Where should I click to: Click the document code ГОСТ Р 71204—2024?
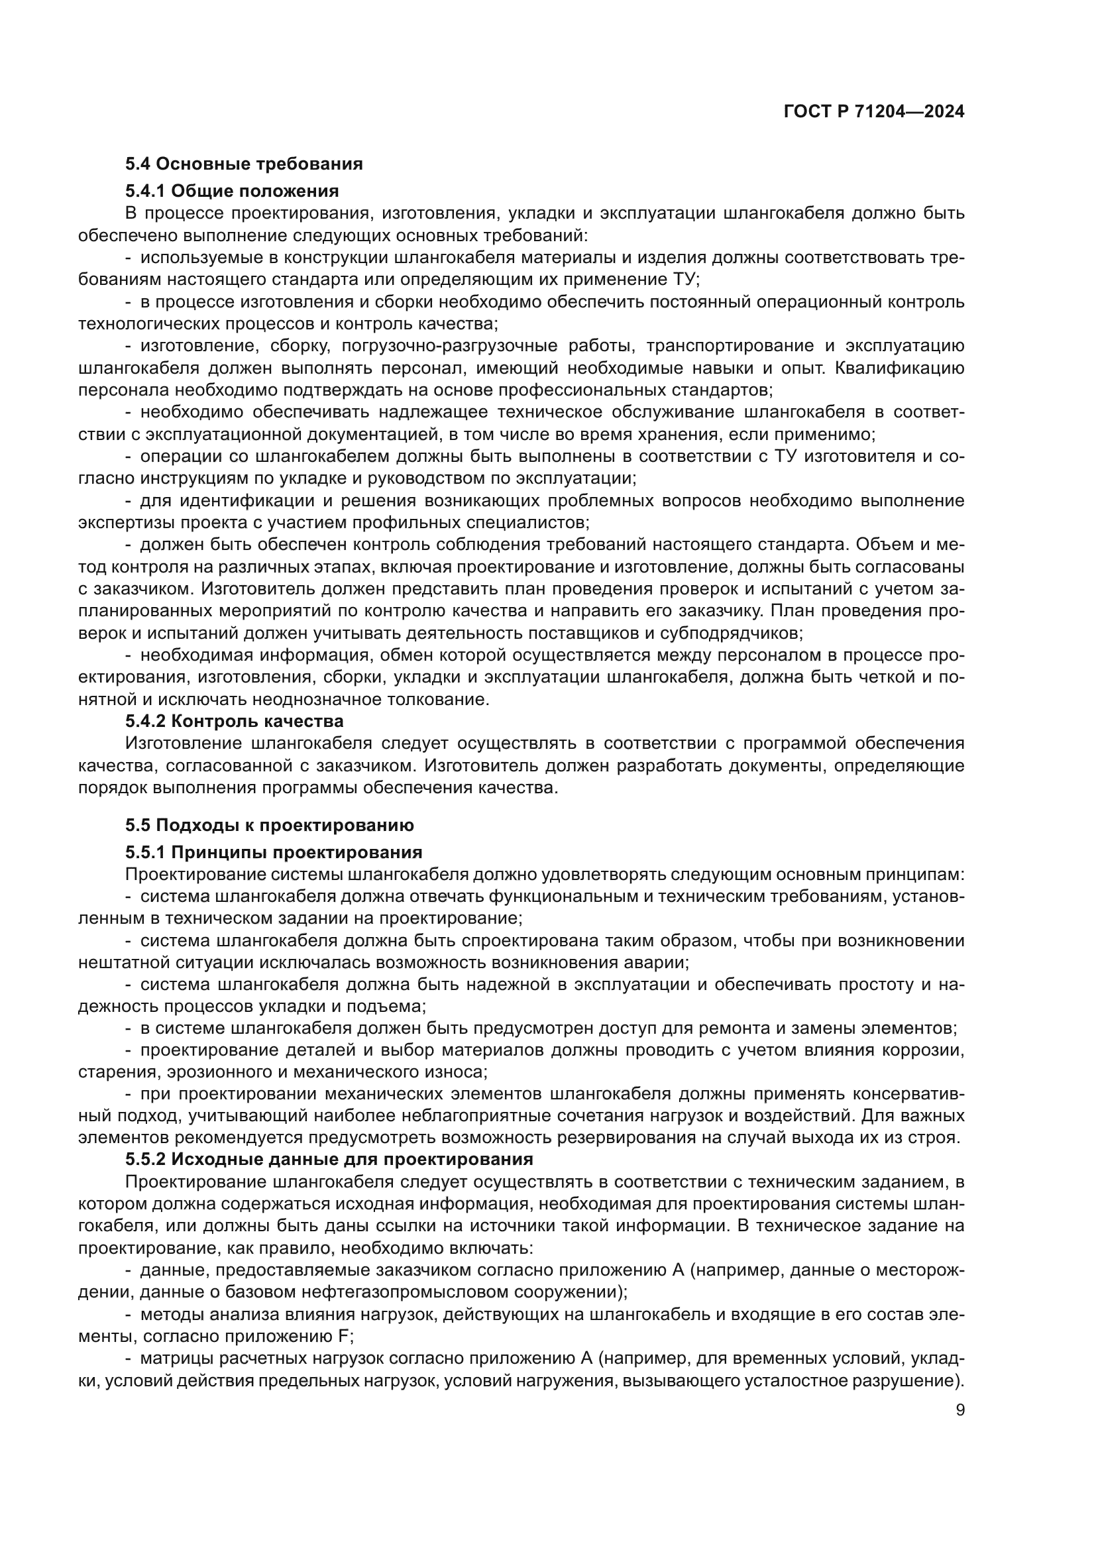tap(874, 112)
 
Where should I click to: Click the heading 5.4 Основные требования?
tap(244, 164)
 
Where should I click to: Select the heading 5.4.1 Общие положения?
tap(231, 191)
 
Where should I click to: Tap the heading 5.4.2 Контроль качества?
tap(234, 721)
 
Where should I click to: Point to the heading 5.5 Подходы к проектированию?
tap(269, 825)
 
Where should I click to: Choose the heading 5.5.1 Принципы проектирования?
tap(273, 852)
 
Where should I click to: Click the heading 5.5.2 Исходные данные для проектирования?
tap(329, 1159)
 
